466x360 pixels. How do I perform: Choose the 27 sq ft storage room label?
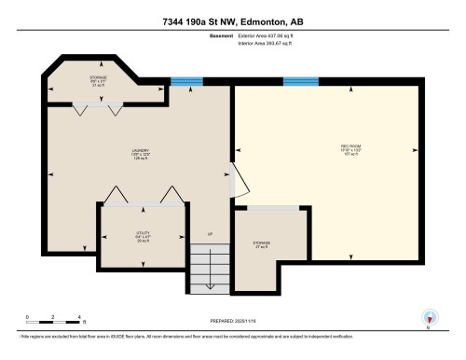tap(261, 244)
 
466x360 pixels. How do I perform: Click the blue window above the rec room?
tap(302, 81)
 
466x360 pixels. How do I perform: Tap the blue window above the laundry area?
tap(186, 81)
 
